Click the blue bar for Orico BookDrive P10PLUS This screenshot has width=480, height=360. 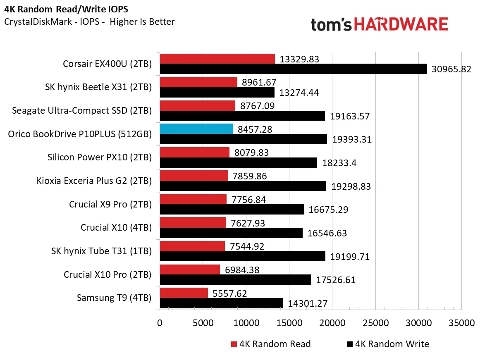(x=196, y=129)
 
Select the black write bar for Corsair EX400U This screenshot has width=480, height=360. (x=293, y=69)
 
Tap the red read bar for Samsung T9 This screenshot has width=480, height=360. (x=184, y=293)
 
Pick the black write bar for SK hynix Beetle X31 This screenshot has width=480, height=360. (x=217, y=93)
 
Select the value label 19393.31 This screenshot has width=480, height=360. (x=351, y=140)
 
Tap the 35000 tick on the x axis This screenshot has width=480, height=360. (x=461, y=323)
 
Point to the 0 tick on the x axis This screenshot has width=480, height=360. (x=160, y=323)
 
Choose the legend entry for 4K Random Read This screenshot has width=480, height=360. (x=271, y=344)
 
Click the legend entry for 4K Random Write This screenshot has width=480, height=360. (x=388, y=344)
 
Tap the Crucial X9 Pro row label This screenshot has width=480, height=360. (x=110, y=204)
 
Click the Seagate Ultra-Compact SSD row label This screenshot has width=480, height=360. (x=82, y=111)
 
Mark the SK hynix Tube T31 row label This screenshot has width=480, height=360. (x=101, y=251)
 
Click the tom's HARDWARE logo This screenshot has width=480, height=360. (x=379, y=24)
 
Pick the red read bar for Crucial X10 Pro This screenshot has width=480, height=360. (x=190, y=269)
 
